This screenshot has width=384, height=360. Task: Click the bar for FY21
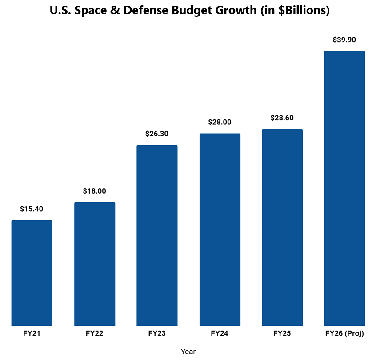32,273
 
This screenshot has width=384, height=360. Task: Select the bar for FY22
95,264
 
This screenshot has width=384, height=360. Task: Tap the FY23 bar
157,235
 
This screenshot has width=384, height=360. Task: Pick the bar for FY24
220,229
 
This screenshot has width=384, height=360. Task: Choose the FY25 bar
282,228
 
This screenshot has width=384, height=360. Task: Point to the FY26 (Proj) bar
344,189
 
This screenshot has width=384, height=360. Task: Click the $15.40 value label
32,209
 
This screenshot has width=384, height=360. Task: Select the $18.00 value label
95,191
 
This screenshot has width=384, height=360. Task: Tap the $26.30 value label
157,134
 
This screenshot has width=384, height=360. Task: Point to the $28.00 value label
220,122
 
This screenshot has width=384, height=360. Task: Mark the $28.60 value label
282,118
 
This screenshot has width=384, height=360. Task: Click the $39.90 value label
344,40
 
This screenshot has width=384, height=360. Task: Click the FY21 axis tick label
32,333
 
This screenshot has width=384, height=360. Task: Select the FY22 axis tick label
95,333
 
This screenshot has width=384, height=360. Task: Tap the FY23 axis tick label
157,333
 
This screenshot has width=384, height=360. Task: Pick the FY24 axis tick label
220,333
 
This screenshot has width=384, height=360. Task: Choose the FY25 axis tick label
282,333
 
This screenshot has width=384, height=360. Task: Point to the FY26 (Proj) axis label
344,333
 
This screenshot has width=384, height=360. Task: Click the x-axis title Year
188,352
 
